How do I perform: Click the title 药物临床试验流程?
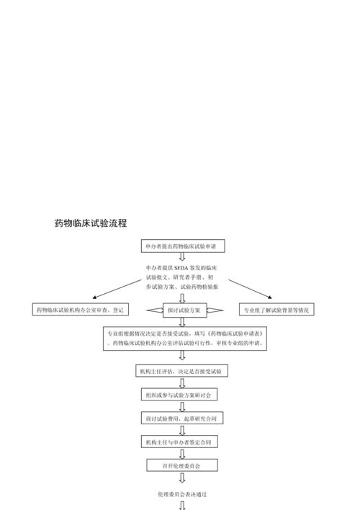[91, 223]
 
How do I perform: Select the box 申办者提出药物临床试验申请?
[183, 246]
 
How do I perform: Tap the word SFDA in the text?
[181, 268]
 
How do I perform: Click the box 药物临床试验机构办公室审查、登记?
[81, 309]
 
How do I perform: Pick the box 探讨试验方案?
[185, 310]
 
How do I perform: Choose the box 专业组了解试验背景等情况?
[276, 309]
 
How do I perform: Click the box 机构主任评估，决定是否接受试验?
[181, 371]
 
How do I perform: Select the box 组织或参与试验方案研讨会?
[179, 395]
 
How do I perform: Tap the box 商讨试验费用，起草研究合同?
[182, 419]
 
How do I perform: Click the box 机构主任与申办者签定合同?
[179, 442]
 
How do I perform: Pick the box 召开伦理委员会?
[182, 465]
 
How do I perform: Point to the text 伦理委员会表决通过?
[182, 494]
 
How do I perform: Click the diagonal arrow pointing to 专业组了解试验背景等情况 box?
[250, 289]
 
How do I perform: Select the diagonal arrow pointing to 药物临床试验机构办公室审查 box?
[117, 289]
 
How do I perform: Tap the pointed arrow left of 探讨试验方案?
[155, 310]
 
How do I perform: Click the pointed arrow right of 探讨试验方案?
[215, 310]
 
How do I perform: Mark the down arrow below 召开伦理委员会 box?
[182, 478]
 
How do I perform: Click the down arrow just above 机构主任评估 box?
[182, 355]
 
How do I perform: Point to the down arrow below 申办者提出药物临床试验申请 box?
[182, 256]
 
